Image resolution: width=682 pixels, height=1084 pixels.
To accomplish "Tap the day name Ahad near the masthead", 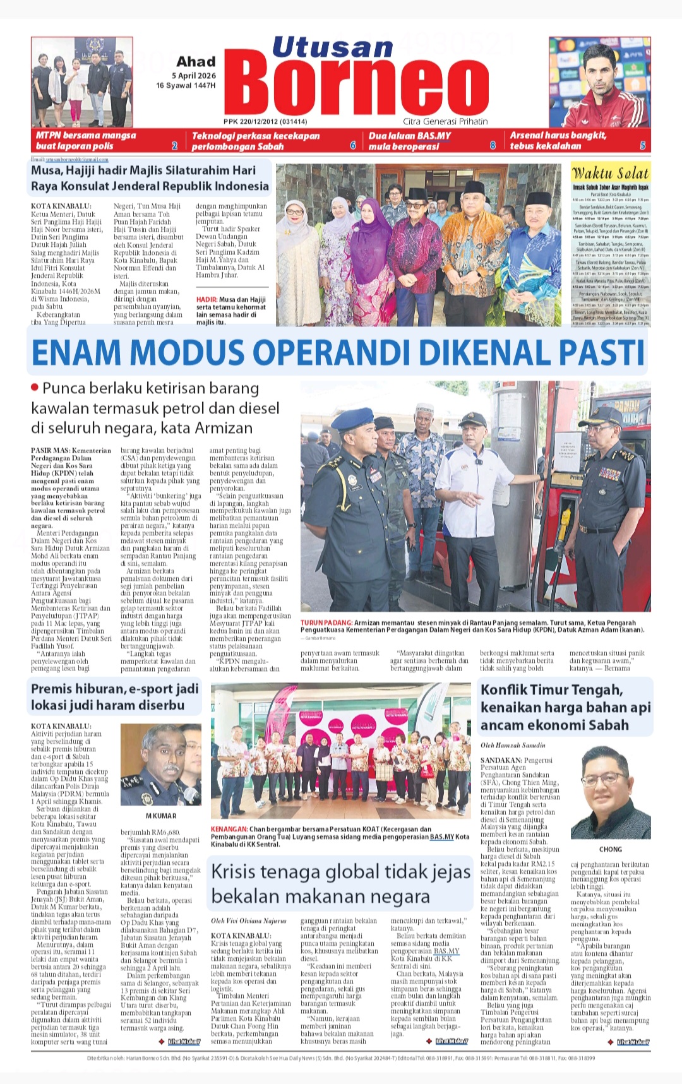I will [x=196, y=62].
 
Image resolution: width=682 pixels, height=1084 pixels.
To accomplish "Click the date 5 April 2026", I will [x=194, y=76].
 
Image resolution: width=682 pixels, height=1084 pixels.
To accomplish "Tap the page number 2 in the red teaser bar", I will [x=175, y=146].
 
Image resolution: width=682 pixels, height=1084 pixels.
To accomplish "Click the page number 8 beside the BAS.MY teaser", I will [x=493, y=146].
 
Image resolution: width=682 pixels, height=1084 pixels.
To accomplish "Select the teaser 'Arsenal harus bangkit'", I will [x=558, y=135].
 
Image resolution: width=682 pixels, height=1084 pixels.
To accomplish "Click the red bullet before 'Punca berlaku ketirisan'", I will [x=35, y=387].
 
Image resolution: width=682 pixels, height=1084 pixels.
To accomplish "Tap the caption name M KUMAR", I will [x=161, y=816].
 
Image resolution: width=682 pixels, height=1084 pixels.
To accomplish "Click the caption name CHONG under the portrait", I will [x=610, y=849].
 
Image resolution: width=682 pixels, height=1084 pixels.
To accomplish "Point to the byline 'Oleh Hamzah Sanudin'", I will [x=513, y=746].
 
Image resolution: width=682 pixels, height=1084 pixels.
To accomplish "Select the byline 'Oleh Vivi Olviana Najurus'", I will [x=248, y=920].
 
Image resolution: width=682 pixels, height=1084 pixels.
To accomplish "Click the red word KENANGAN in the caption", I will [x=229, y=829].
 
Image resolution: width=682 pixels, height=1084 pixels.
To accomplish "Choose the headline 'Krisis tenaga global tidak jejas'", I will [x=340, y=872].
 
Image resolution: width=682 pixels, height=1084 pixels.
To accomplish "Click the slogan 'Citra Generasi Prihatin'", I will [x=445, y=121].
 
